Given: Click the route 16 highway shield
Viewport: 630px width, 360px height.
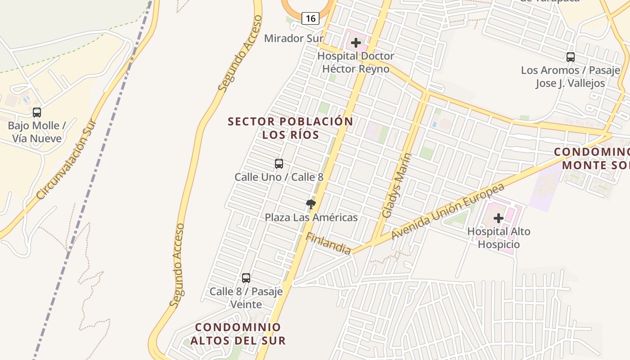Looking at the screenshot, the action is click(x=310, y=18).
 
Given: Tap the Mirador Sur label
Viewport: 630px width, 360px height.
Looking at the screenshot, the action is click(x=293, y=38).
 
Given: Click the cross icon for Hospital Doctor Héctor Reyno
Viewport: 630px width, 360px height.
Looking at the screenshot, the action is click(x=356, y=43).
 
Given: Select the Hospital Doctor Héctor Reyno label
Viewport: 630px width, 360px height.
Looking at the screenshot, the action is click(x=355, y=63).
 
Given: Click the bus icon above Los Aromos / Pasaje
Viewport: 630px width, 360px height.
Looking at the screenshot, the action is click(x=571, y=57).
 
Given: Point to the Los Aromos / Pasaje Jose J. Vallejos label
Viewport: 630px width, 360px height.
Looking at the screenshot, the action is click(x=571, y=76).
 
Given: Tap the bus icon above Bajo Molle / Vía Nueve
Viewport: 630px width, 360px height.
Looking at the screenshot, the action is click(x=37, y=112).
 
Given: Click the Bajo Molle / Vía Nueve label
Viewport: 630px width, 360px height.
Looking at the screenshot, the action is click(x=37, y=132).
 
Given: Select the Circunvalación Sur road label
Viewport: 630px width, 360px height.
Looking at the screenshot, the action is click(x=67, y=159).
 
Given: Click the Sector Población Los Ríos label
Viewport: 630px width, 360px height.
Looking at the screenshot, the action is click(x=291, y=128).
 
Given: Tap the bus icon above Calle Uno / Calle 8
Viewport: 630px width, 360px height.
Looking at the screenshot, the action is click(x=279, y=164).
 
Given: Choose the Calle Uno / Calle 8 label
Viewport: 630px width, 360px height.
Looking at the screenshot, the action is click(x=279, y=177).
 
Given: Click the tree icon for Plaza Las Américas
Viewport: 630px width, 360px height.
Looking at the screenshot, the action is click(x=310, y=205).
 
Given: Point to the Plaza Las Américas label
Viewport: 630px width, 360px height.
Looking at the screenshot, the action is click(x=311, y=218).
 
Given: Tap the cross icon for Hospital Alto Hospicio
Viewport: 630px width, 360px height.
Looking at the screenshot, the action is click(x=499, y=219).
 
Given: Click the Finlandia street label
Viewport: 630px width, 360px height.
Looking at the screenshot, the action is click(x=328, y=243).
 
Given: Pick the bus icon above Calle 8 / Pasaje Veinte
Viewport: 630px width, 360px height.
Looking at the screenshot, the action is click(x=246, y=278).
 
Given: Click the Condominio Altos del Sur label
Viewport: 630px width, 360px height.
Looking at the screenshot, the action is click(x=238, y=334).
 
